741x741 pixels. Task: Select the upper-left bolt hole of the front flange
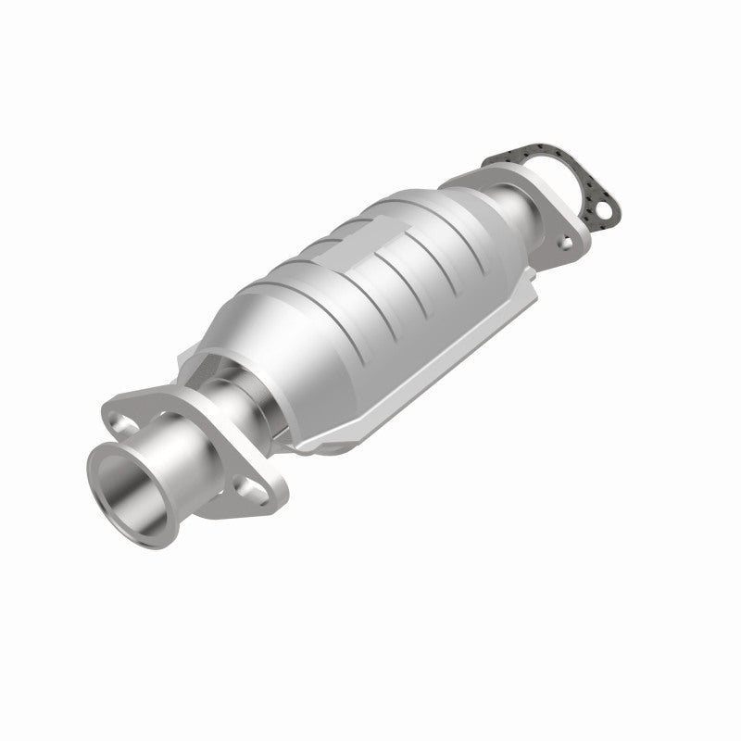(124, 423)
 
